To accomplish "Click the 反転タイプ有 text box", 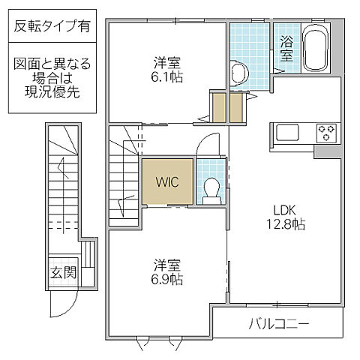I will (52, 27).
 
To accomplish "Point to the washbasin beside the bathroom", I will (238, 73).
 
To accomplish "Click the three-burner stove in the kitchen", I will (326, 133).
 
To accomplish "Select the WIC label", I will (166, 181).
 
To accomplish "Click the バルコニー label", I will (279, 324).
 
